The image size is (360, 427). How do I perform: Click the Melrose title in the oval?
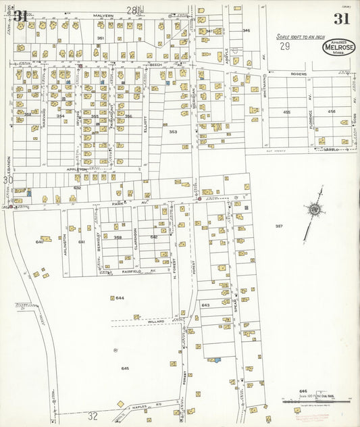click(x=339, y=48)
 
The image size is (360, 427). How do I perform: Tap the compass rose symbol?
click(x=313, y=210)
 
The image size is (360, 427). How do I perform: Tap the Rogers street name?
click(x=299, y=74)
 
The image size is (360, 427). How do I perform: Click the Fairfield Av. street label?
click(x=139, y=271)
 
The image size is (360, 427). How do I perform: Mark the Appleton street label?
click(x=78, y=169)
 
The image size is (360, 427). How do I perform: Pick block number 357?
click(x=278, y=226)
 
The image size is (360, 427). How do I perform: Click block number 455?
click(x=286, y=112)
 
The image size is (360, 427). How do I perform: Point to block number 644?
click(x=120, y=298)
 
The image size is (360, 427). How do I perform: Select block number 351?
click(x=100, y=38)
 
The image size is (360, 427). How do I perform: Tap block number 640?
click(x=39, y=242)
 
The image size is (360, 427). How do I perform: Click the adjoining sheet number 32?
click(x=93, y=416)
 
